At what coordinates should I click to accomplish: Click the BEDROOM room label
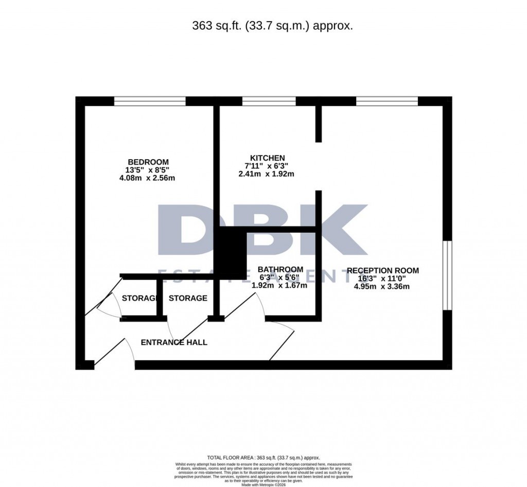[x=149, y=162]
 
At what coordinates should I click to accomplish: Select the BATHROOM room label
[x=280, y=269]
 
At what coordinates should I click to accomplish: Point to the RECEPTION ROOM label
[x=382, y=270]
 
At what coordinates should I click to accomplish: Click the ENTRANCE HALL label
[x=174, y=342]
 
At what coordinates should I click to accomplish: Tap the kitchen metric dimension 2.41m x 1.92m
[x=266, y=174]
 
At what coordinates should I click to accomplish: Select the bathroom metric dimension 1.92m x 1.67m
[x=279, y=285]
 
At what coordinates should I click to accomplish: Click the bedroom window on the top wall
[x=150, y=101]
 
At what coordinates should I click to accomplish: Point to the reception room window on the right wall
[x=447, y=275]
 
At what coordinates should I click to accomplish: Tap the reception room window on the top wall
[x=387, y=101]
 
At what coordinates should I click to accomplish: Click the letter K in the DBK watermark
[x=335, y=230]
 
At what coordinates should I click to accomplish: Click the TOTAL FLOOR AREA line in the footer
[x=263, y=458]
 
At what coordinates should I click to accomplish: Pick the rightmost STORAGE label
[x=188, y=298]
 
